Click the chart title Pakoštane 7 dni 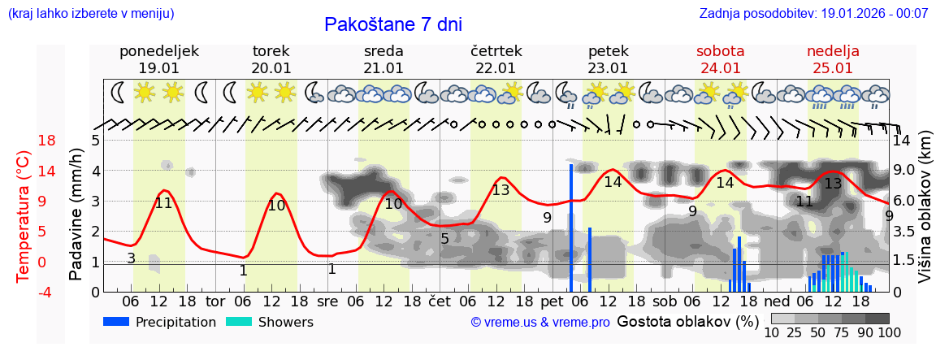pyautogui.click(x=392, y=24)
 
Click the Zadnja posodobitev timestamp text pyautogui.click(x=813, y=13)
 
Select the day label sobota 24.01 pyautogui.click(x=720, y=59)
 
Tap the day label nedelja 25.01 pyautogui.click(x=833, y=59)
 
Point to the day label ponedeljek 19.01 pyautogui.click(x=158, y=59)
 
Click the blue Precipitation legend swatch pyautogui.click(x=117, y=322)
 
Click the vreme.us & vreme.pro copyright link pyautogui.click(x=540, y=323)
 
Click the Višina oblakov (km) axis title pyautogui.click(x=925, y=216)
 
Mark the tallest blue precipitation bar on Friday pyautogui.click(x=571, y=228)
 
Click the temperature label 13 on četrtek pyautogui.click(x=500, y=190)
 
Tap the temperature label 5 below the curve pyautogui.click(x=444, y=239)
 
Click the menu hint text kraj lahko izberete pyautogui.click(x=90, y=13)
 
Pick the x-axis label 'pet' pyautogui.click(x=552, y=301)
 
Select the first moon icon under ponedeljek pyautogui.click(x=119, y=93)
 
